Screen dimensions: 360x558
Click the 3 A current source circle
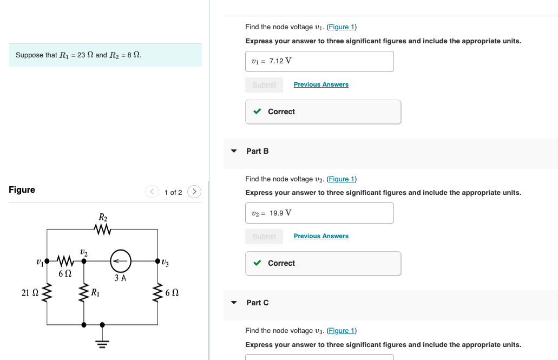coord(121,260)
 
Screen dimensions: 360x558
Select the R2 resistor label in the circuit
coord(103,217)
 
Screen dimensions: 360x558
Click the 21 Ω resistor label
coord(29,293)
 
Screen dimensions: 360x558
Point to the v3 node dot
coord(157,260)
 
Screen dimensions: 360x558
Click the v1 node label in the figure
coord(39,262)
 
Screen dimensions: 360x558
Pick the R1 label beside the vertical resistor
coord(95,293)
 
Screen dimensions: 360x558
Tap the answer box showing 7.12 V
coord(319,61)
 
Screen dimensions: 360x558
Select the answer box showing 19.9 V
coord(319,213)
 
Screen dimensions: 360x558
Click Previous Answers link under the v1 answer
coord(321,84)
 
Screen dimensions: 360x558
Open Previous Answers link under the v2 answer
coord(321,236)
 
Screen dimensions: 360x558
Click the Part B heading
coord(257,151)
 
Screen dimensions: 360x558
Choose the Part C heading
coord(257,303)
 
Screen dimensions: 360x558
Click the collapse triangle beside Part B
coord(234,151)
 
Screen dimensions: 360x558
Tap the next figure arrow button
coord(194,192)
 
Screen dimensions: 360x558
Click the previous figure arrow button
coord(152,192)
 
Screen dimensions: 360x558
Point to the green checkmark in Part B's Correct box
coord(258,263)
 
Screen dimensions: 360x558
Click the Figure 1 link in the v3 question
coord(342,331)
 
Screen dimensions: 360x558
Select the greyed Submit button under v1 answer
coord(264,85)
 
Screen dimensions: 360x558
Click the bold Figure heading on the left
coord(22,189)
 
